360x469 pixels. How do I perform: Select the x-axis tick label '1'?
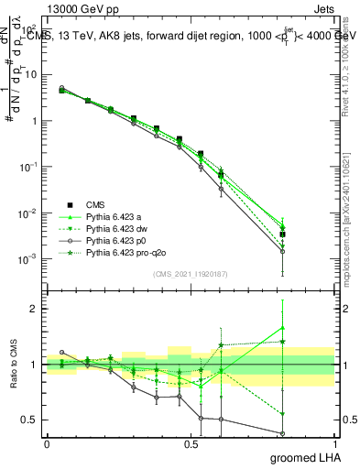[334, 442]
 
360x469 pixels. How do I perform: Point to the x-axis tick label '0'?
[47, 442]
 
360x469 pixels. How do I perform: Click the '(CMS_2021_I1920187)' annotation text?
[191, 275]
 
